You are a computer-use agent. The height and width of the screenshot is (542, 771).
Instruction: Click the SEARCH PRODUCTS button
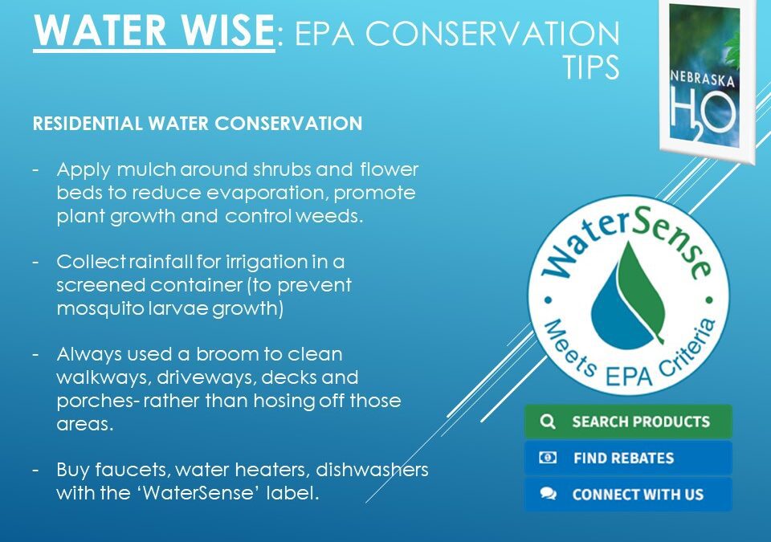tap(628, 422)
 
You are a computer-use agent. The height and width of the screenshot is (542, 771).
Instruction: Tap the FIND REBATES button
tap(628, 458)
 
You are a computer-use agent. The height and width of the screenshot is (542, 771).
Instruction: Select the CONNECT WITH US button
tap(628, 495)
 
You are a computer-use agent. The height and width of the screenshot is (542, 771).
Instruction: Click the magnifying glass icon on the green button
tap(548, 422)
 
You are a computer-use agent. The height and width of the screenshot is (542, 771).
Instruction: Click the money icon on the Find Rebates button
tap(548, 458)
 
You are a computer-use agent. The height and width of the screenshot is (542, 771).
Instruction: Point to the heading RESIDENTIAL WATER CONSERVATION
tap(197, 125)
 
